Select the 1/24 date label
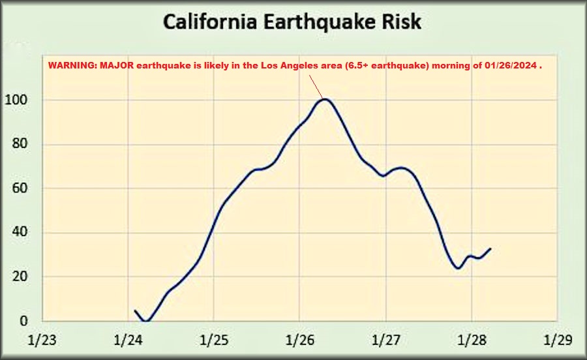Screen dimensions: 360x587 click(128, 340)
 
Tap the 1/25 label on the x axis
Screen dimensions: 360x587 click(213, 340)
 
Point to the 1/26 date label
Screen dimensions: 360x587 click(299, 340)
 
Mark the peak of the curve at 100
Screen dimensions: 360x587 click(325, 99)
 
